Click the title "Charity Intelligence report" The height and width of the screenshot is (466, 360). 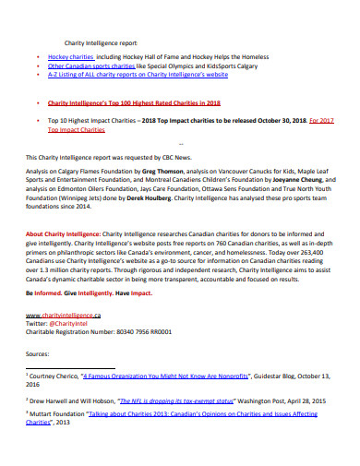click(100, 43)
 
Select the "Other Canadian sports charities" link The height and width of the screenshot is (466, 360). click(90, 67)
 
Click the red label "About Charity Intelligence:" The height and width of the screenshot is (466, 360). click(65, 235)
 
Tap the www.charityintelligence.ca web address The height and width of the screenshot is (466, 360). click(69, 316)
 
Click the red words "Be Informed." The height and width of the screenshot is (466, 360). click(48, 292)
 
